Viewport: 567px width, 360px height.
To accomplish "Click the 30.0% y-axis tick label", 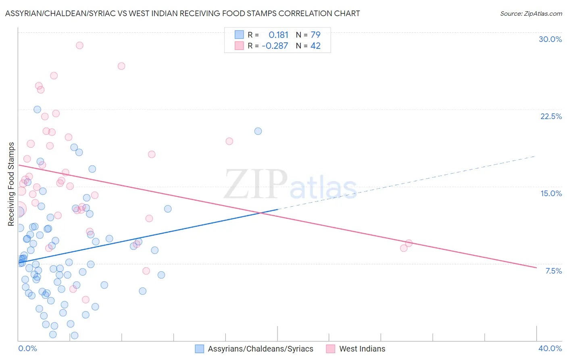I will pos(550,39).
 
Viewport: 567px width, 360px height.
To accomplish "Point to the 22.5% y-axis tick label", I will pos(551,116).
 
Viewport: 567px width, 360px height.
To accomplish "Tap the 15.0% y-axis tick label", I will pos(551,193).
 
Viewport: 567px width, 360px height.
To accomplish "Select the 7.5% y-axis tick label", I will pos(553,271).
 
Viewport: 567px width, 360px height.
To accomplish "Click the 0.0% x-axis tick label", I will pos(27,348).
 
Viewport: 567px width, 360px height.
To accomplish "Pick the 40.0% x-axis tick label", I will pos(550,348).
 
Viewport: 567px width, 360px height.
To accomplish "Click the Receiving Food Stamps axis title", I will pos(11,184).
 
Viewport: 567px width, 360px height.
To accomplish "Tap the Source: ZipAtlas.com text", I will pos(531,13).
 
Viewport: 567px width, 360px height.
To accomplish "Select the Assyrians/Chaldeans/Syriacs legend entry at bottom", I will pos(254,349).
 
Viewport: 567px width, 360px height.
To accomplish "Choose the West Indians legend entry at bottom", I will pos(356,349).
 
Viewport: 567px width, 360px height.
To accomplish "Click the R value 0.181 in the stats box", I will pos(278,35).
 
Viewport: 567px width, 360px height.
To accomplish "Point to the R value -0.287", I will pos(275,46).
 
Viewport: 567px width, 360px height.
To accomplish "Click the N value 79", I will pos(315,35).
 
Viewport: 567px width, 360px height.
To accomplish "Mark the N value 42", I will pos(315,46).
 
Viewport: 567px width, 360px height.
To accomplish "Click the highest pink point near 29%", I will pos(79,45).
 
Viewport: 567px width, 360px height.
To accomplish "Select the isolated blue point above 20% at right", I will pos(258,131).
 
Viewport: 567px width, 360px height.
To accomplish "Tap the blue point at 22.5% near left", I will pos(37,109).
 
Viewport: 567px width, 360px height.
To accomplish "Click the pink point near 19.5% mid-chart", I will pos(229,141).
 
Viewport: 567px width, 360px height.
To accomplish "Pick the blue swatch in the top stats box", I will pos(239,35).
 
